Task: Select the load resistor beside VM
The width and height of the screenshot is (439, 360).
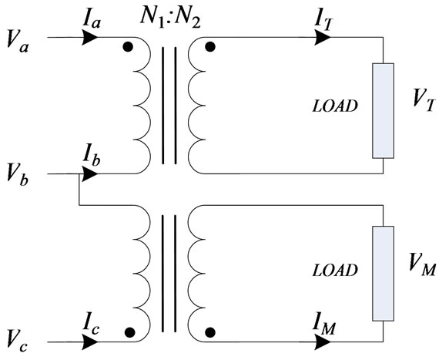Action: (x=382, y=273)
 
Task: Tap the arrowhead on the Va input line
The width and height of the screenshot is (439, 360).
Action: (x=91, y=36)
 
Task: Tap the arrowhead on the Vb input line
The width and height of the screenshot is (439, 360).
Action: (x=91, y=174)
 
